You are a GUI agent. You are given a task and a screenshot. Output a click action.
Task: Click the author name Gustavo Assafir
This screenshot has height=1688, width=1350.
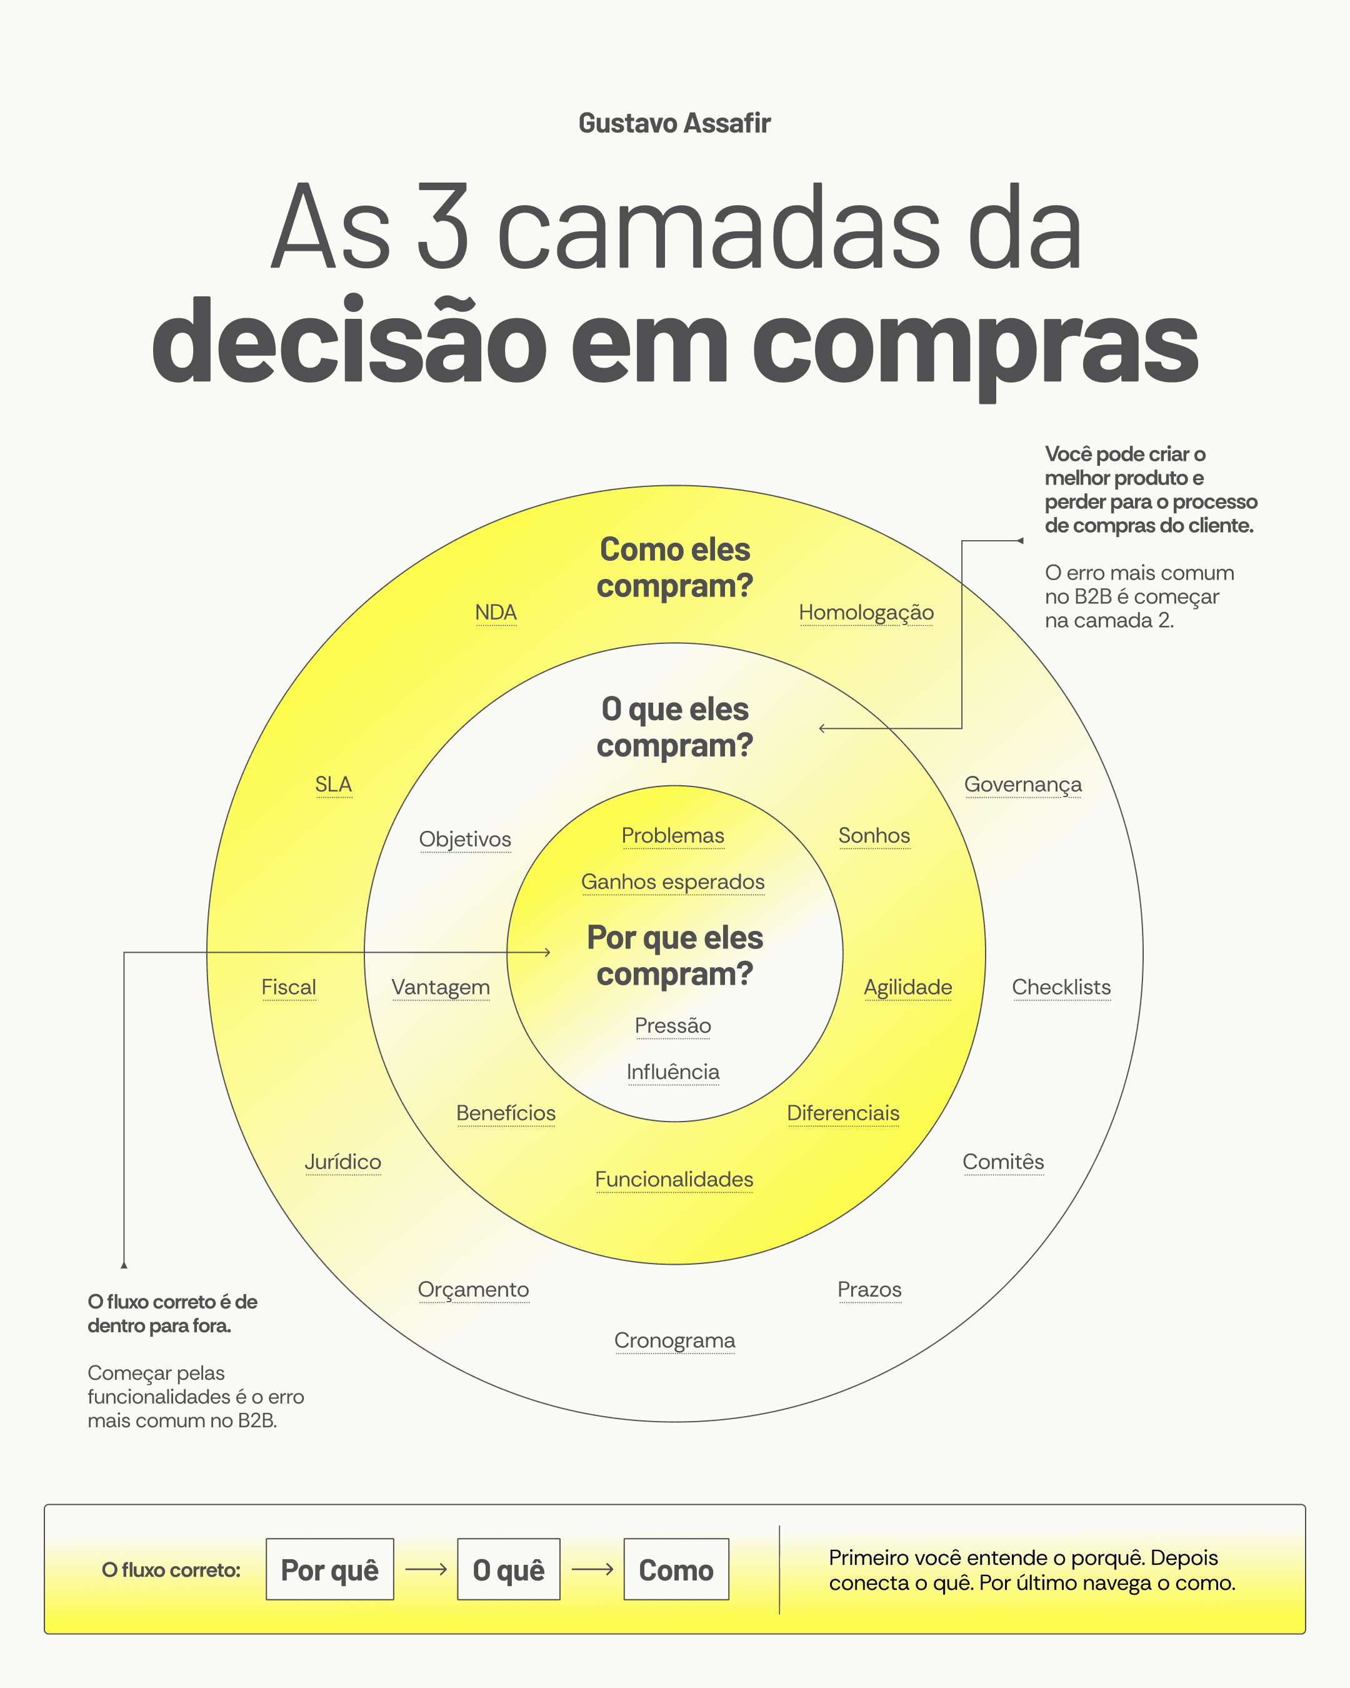click(x=674, y=124)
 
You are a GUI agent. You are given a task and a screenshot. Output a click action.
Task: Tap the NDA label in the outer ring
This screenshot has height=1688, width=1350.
click(x=496, y=612)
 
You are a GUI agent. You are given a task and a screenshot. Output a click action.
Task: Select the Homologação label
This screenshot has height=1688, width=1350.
click(x=866, y=612)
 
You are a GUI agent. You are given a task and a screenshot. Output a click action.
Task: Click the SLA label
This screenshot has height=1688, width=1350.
click(x=333, y=784)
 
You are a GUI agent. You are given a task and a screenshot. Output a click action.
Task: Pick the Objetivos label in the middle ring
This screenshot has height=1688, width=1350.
click(x=465, y=838)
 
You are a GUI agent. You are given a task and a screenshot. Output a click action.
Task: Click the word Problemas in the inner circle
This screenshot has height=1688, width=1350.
click(x=672, y=835)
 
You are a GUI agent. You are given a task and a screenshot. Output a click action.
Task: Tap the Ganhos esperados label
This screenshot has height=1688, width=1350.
click(x=672, y=882)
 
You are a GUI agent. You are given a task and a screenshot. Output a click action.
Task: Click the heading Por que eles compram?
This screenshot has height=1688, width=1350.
click(x=674, y=956)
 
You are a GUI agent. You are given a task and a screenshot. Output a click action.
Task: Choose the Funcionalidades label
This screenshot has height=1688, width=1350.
click(x=674, y=1179)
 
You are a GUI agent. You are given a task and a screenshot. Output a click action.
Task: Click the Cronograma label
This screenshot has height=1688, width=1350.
click(x=674, y=1340)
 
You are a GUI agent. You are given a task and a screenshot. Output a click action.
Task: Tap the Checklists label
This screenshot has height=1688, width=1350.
click(x=1061, y=987)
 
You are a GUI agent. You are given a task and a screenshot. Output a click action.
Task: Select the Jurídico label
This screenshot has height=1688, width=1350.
click(x=342, y=1162)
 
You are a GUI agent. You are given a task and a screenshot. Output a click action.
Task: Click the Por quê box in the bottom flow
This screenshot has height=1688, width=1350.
click(x=329, y=1570)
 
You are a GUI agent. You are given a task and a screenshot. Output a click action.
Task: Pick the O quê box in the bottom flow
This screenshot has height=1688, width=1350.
click(x=508, y=1570)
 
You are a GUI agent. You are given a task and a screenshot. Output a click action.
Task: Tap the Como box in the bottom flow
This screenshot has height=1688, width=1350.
click(x=676, y=1570)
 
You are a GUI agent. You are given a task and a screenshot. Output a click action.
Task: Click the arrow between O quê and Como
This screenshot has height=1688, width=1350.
click(x=592, y=1570)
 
